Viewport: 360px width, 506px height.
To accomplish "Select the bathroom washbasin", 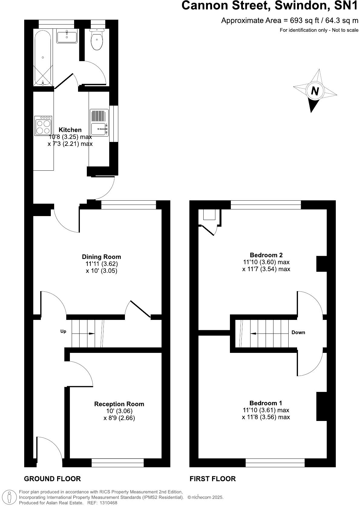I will point(67,36).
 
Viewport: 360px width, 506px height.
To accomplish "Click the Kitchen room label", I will point(70,130).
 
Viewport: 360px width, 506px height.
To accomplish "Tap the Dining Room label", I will point(101,257).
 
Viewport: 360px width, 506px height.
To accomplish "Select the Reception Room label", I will point(119,404).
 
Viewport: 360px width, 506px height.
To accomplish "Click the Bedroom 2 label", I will point(266,255).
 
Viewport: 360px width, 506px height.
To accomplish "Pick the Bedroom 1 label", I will point(266,403).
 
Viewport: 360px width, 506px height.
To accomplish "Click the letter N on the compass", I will point(315,91).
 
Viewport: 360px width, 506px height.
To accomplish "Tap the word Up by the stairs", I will point(63,331).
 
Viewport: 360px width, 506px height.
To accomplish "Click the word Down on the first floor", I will point(298,333).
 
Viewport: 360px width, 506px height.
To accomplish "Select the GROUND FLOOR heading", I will point(52,479).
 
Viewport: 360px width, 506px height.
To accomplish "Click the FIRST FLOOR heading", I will point(213,479).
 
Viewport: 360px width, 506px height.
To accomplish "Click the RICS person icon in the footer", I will point(10,497).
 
